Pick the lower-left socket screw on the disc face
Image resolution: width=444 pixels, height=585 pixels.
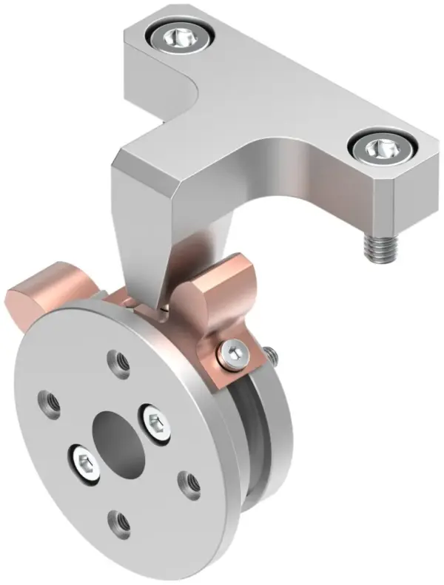[x=84, y=464]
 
